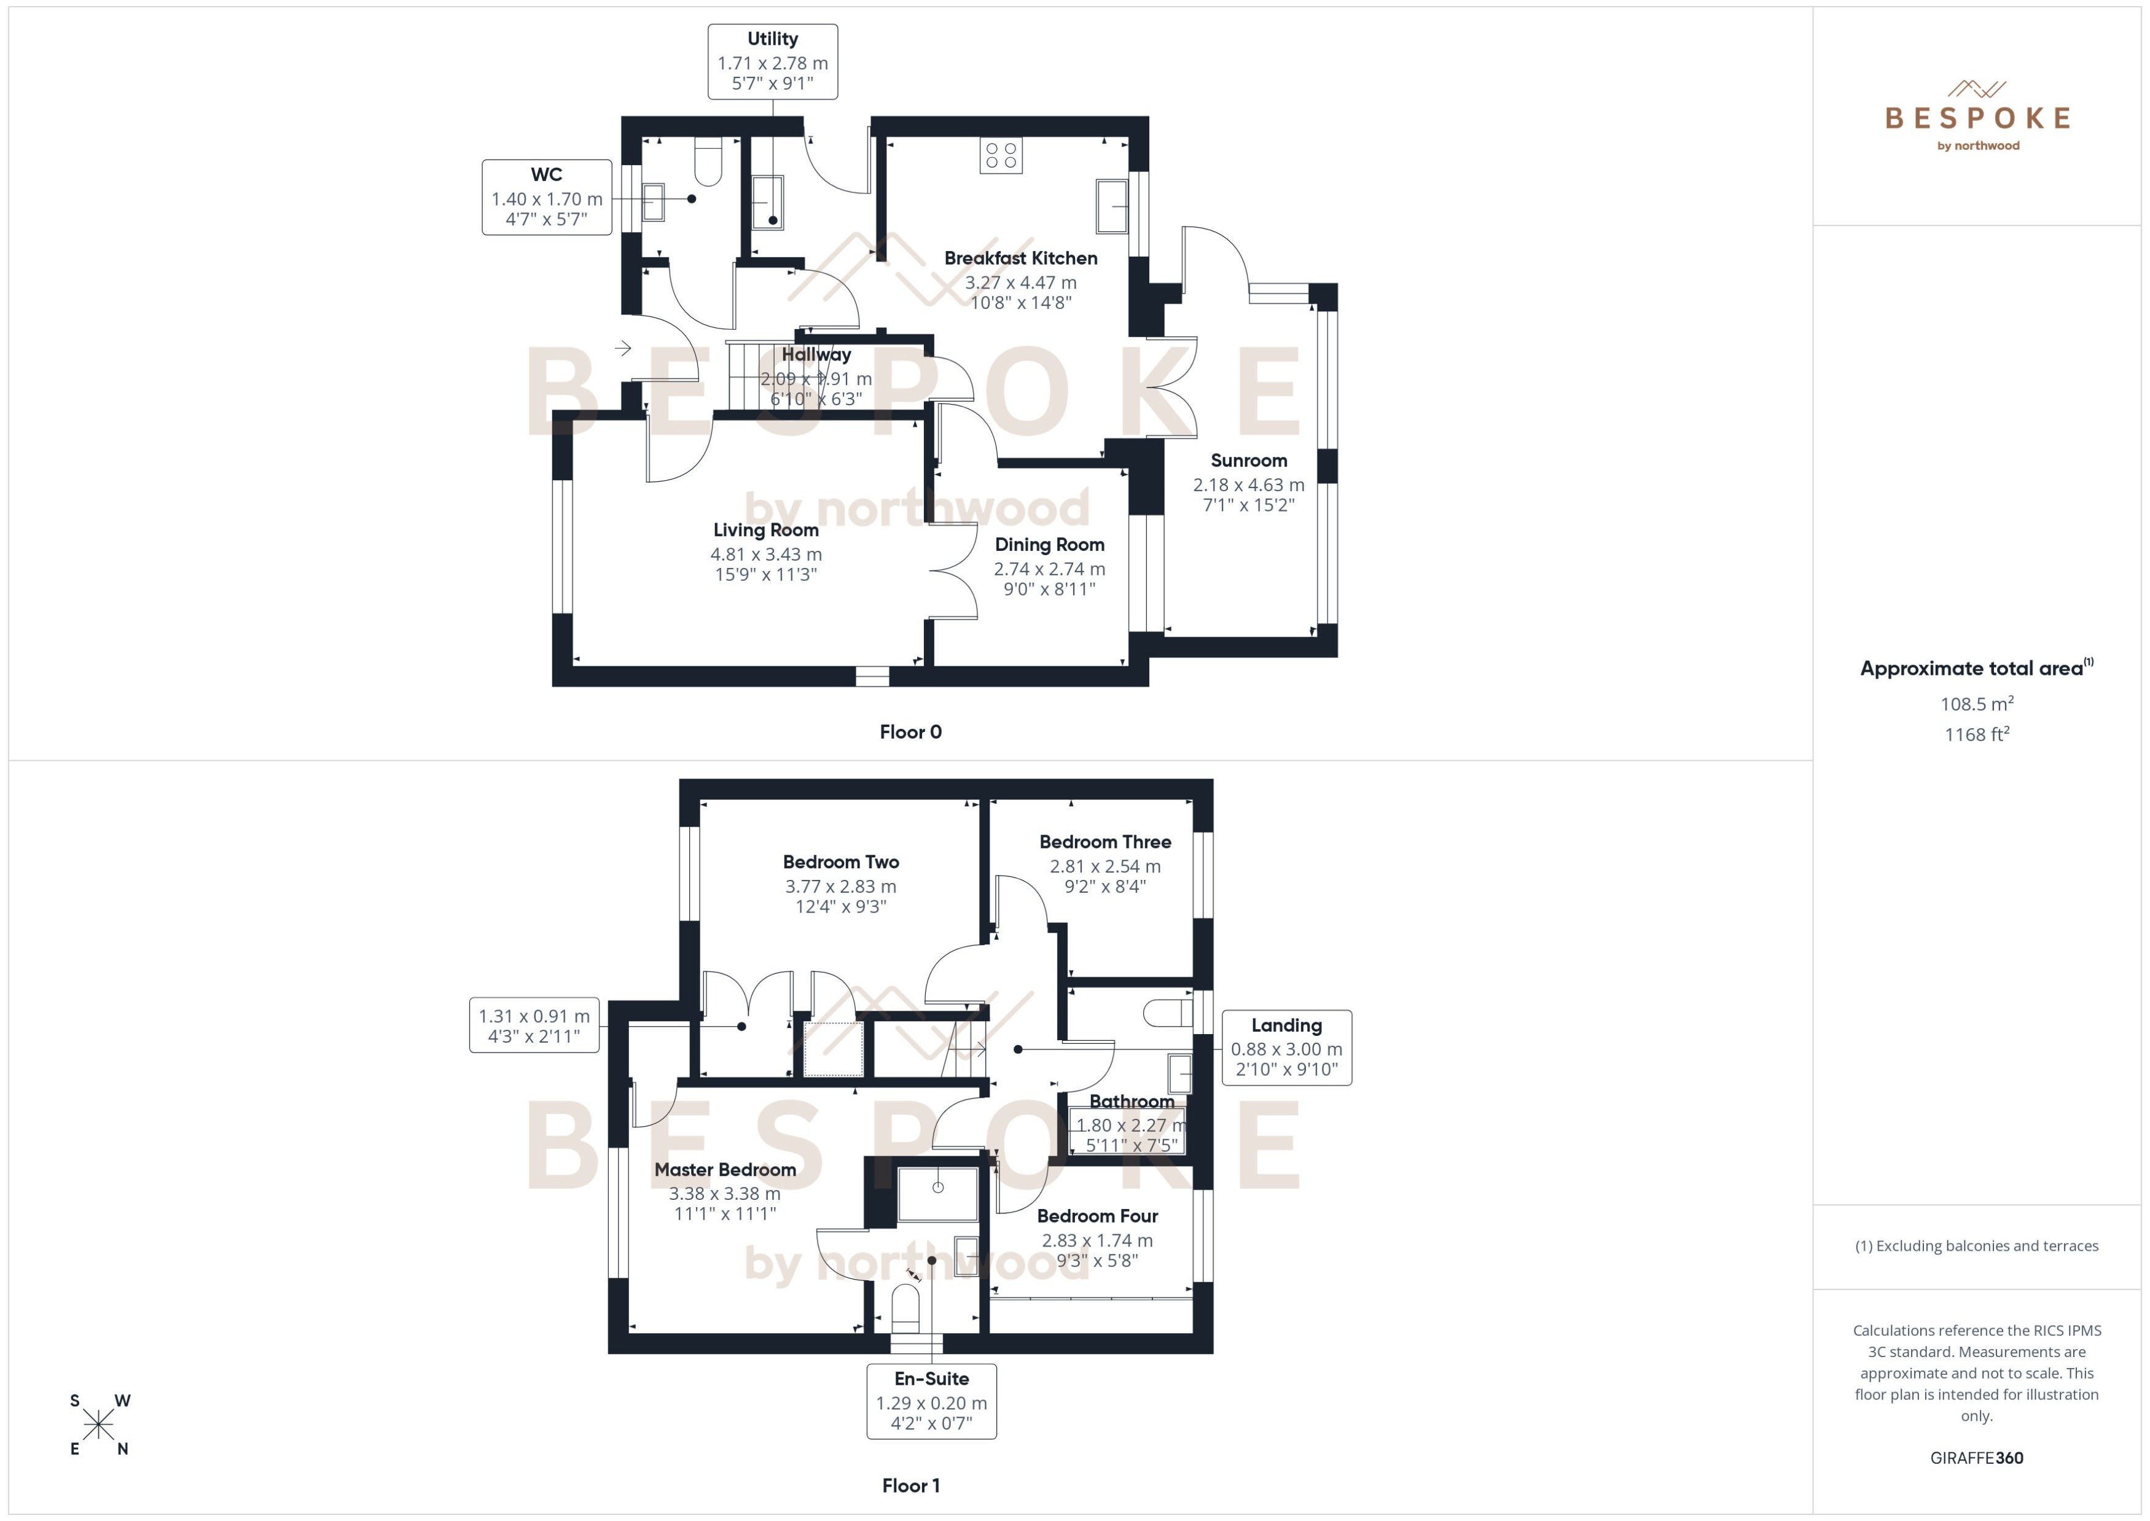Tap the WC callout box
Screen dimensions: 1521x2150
tap(546, 196)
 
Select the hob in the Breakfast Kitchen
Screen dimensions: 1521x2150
tap(1001, 155)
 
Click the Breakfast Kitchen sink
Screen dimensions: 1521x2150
tap(1111, 205)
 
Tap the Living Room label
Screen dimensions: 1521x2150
tap(765, 530)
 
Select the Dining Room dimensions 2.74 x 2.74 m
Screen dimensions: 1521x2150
tap(1049, 569)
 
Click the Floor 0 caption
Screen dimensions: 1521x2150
tap(910, 733)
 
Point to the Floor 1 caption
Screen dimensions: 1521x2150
tap(910, 1485)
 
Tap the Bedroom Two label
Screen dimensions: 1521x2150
tap(840, 862)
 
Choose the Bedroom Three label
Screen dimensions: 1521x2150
tap(1104, 842)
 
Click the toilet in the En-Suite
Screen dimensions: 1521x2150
tap(905, 1309)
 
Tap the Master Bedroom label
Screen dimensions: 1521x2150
tap(725, 1169)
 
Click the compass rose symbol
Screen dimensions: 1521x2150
tap(98, 1425)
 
